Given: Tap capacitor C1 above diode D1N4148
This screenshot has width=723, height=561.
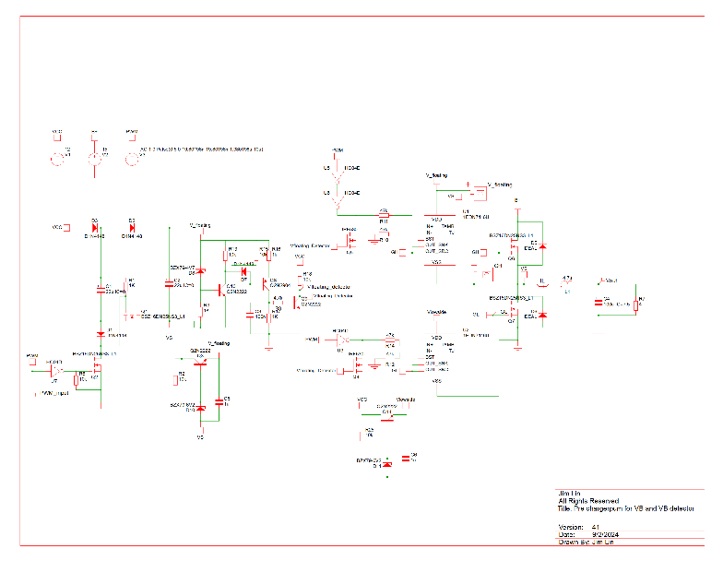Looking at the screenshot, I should click(101, 290).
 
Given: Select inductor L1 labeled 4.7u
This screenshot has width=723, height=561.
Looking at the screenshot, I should click(567, 284).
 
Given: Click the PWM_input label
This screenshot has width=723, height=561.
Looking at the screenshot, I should click(55, 393).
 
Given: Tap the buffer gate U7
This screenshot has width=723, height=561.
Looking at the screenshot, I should click(54, 370).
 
